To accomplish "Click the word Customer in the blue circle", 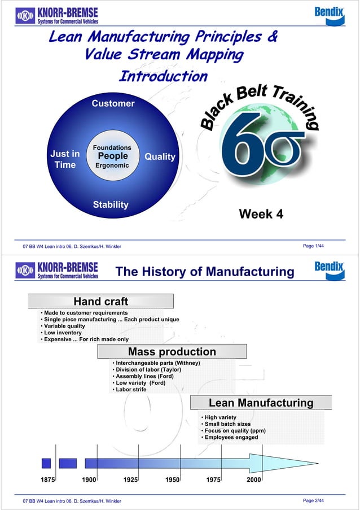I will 113,103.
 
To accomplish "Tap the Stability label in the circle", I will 111,204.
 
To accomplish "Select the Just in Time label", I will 65,159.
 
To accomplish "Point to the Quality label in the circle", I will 160,156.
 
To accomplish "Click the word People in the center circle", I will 113,156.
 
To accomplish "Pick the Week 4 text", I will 261,214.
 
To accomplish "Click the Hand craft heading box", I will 101,302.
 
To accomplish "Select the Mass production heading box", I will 172,352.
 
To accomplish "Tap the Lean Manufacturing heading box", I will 261,403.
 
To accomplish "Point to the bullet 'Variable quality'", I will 64,326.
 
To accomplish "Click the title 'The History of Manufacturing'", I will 204,272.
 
